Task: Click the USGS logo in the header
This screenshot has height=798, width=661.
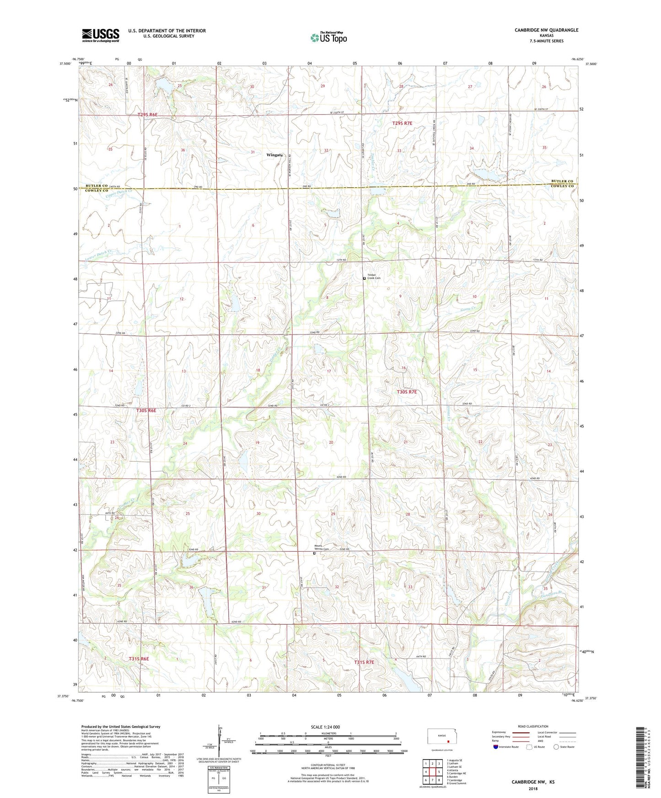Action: pos(101,35)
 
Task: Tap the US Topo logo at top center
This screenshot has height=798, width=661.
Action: pos(328,37)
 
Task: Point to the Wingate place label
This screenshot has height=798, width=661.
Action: pos(274,155)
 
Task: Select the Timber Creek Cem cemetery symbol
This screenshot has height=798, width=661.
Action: pos(364,278)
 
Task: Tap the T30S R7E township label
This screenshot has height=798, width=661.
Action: pos(407,392)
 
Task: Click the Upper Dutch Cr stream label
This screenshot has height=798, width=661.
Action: pos(118,194)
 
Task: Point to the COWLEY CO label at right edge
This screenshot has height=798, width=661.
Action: pos(562,186)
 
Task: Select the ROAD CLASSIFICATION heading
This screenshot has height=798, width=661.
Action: pos(533,726)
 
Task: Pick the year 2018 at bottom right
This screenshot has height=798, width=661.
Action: pos(533,788)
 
